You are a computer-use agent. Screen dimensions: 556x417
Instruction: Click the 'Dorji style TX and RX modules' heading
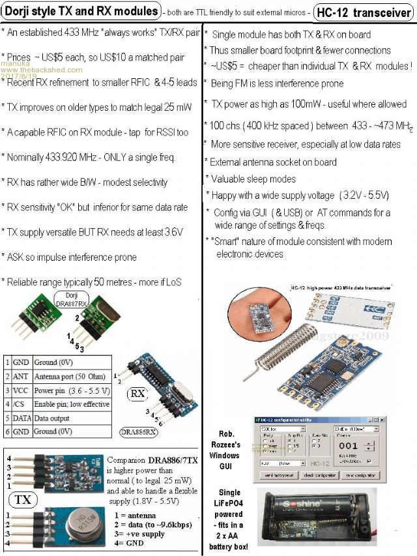81,11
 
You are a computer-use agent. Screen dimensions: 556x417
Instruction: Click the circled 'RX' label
138,394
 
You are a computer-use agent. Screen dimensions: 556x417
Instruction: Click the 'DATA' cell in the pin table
23,418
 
